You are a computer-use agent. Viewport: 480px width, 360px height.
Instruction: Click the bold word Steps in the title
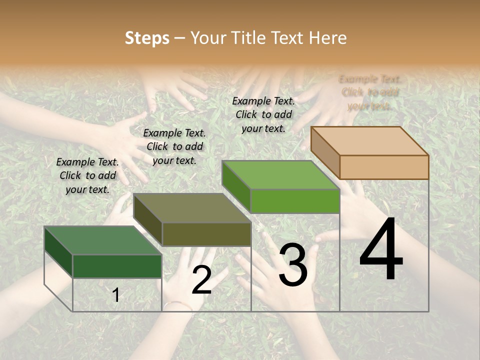147,38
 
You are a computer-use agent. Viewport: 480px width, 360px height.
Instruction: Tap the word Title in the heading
248,38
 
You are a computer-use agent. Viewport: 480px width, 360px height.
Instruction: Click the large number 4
381,250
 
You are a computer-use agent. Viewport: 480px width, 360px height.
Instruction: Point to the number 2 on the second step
201,280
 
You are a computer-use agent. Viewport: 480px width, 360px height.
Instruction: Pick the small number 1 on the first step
116,295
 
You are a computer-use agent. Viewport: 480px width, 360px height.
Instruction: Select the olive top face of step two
192,208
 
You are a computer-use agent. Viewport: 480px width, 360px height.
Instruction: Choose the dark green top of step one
102,240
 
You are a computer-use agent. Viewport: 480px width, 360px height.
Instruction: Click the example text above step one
87,175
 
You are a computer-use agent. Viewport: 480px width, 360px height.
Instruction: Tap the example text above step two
174,146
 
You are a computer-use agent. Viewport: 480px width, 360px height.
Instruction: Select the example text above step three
263,114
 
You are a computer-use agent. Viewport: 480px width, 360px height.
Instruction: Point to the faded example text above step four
370,92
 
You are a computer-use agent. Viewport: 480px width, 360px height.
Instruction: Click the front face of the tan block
384,167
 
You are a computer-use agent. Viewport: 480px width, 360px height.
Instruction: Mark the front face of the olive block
206,234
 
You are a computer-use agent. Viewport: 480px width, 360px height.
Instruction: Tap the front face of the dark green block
117,266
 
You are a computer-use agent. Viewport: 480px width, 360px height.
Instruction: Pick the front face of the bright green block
295,201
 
